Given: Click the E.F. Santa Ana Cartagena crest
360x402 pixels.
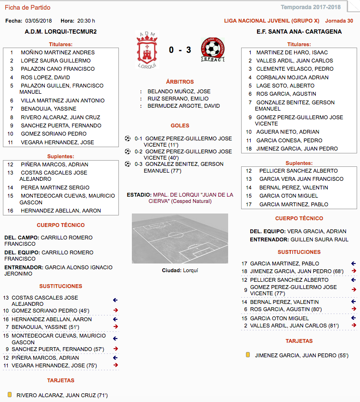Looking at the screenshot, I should point(213,50).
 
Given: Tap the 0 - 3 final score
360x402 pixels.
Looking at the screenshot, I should point(180,50).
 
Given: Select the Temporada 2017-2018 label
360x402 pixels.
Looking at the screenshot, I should point(318,7).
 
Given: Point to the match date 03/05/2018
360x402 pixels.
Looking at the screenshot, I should point(39,21).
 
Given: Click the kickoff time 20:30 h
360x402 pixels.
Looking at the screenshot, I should point(86,21).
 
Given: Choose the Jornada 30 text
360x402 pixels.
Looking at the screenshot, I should point(339,21).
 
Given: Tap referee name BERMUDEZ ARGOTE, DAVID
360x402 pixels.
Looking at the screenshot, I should point(183,106).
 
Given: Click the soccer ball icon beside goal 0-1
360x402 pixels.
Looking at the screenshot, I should point(128,138).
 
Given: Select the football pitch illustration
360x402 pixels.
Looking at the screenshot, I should point(180,239).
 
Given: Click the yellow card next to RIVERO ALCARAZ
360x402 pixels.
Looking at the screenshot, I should point(10,395).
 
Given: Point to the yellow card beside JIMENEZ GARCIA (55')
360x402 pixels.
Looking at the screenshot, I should point(248,355).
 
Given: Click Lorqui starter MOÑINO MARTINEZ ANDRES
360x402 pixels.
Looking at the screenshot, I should point(58,52).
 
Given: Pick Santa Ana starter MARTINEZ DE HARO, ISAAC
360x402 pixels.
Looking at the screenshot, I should point(292,52).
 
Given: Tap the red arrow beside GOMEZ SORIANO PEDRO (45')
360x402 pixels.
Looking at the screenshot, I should point(116,310).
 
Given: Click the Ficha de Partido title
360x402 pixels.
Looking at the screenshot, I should point(27,7).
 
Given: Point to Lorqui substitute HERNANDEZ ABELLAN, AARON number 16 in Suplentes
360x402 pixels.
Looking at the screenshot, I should point(61,211).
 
